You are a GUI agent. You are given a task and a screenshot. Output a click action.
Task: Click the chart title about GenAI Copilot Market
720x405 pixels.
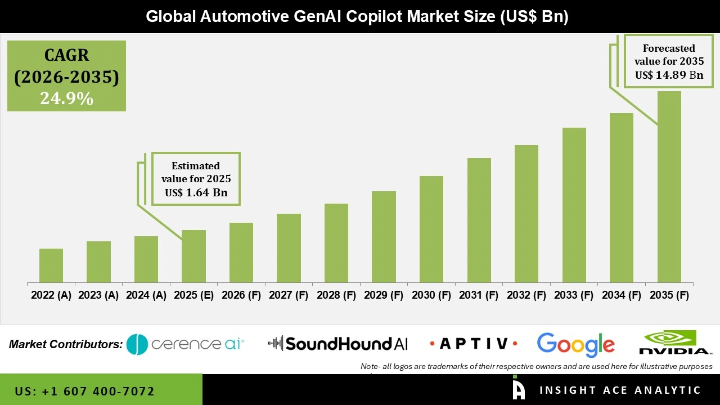[x=357, y=16]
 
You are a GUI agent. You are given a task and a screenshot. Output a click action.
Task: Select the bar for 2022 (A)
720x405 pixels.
[x=51, y=265]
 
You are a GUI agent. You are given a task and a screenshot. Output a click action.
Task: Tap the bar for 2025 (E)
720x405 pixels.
[x=193, y=256]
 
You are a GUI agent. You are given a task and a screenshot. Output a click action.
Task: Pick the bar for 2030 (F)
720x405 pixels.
[x=431, y=229]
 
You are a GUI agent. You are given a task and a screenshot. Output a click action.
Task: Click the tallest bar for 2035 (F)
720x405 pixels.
[x=669, y=187]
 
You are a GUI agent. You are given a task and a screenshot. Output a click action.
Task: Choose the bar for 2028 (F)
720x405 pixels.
[x=336, y=243]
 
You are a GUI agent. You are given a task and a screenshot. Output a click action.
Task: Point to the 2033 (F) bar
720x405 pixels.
[x=574, y=205]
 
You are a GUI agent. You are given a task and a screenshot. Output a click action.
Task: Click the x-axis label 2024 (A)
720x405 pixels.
[x=146, y=295]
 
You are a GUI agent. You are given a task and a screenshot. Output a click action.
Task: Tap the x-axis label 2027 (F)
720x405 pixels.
[x=289, y=295]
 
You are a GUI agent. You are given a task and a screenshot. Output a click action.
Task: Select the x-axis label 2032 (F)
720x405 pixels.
[x=526, y=295]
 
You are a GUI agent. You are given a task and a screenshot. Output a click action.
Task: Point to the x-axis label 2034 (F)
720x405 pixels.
[x=622, y=295]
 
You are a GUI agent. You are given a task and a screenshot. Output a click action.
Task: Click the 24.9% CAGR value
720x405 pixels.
[x=66, y=98]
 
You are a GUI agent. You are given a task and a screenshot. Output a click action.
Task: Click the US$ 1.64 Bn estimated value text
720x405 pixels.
[x=196, y=192]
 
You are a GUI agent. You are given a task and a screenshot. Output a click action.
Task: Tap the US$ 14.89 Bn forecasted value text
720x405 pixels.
[x=669, y=75]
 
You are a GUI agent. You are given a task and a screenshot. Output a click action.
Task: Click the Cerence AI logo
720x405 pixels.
[x=186, y=344]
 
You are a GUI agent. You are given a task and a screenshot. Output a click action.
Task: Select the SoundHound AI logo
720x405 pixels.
[x=338, y=344]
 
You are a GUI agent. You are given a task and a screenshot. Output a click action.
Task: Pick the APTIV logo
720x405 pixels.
[x=473, y=344]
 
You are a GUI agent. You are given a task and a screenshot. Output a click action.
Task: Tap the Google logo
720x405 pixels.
[x=575, y=344]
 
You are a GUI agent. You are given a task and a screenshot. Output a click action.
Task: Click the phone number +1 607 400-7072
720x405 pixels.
[x=84, y=391]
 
